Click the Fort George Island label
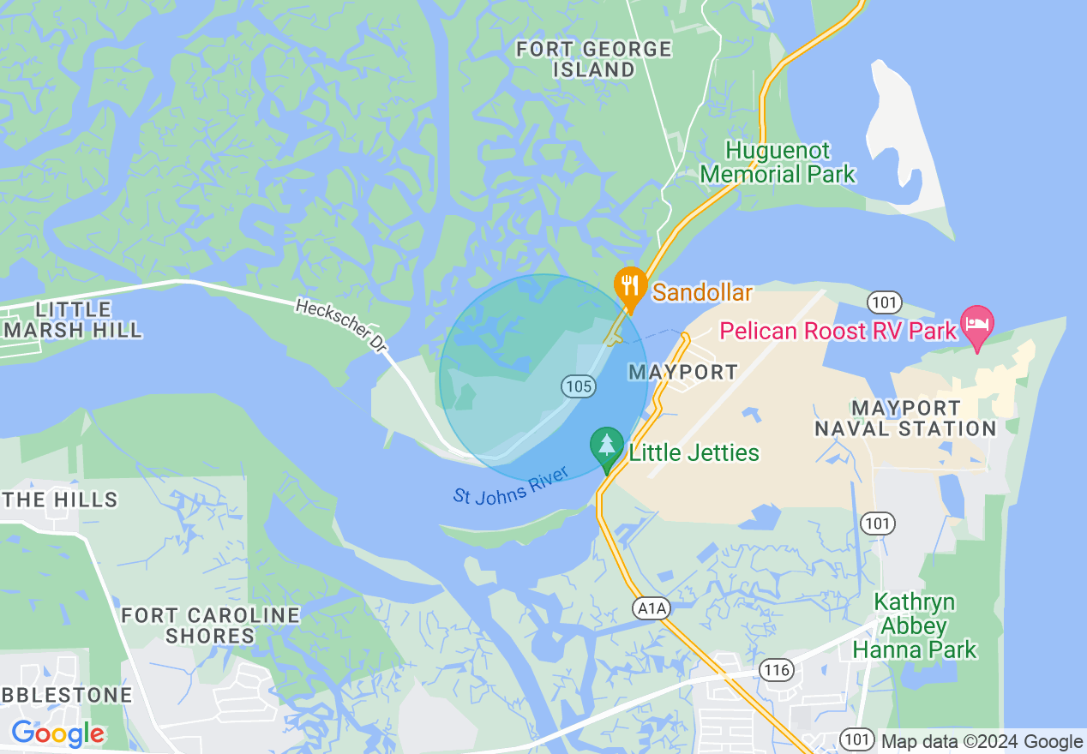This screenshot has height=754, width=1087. click(x=593, y=59)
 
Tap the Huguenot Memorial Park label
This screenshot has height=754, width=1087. click(x=778, y=163)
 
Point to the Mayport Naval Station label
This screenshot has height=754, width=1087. click(x=905, y=418)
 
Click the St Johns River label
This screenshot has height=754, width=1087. click(x=511, y=487)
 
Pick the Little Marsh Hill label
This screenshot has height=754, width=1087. click(x=72, y=320)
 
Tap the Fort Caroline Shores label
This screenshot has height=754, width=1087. click(x=210, y=625)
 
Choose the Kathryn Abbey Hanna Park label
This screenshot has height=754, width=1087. click(x=914, y=625)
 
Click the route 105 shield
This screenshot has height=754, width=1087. click(x=579, y=386)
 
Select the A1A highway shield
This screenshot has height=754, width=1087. click(x=651, y=607)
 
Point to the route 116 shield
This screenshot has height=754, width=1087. click(x=776, y=669)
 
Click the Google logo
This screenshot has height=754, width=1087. click(x=57, y=733)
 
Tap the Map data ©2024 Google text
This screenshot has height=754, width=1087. click(x=982, y=742)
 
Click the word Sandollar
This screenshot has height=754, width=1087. click(x=702, y=293)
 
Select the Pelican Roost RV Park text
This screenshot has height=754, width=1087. click(x=837, y=331)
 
